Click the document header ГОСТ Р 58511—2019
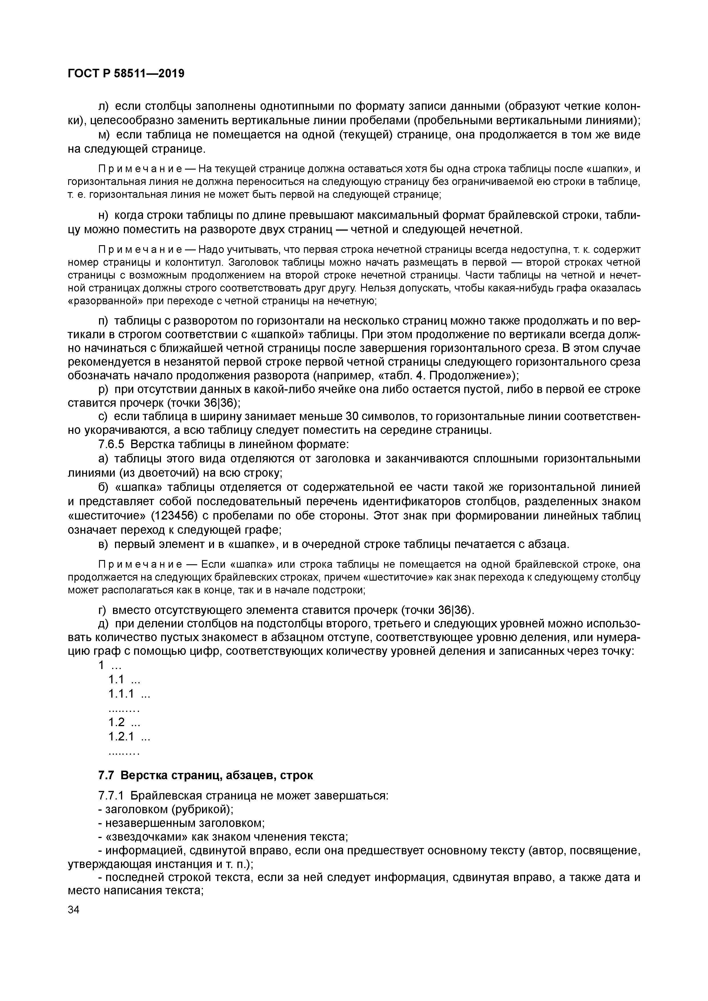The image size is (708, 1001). point(126,74)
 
